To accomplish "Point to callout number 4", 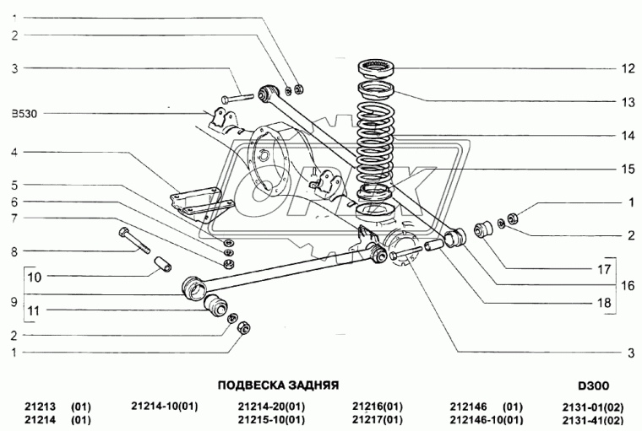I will pyautogui.click(x=15, y=153).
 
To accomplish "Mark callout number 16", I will pyautogui.click(x=628, y=286).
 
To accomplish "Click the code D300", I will pyautogui.click(x=594, y=385).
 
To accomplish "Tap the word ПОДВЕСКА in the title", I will pyautogui.click(x=249, y=385).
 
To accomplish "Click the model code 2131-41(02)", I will pyautogui.click(x=591, y=419).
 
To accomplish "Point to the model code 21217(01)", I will pyautogui.click(x=377, y=419).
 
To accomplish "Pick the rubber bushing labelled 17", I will pyautogui.click(x=484, y=229).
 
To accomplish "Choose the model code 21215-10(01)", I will pyautogui.click(x=271, y=419).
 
